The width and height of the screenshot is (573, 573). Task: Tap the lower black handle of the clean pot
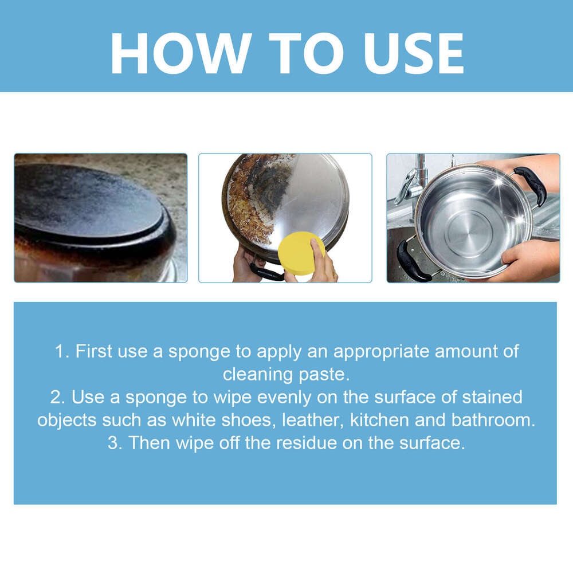(413, 262)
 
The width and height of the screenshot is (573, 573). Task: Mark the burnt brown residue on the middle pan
(249, 201)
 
